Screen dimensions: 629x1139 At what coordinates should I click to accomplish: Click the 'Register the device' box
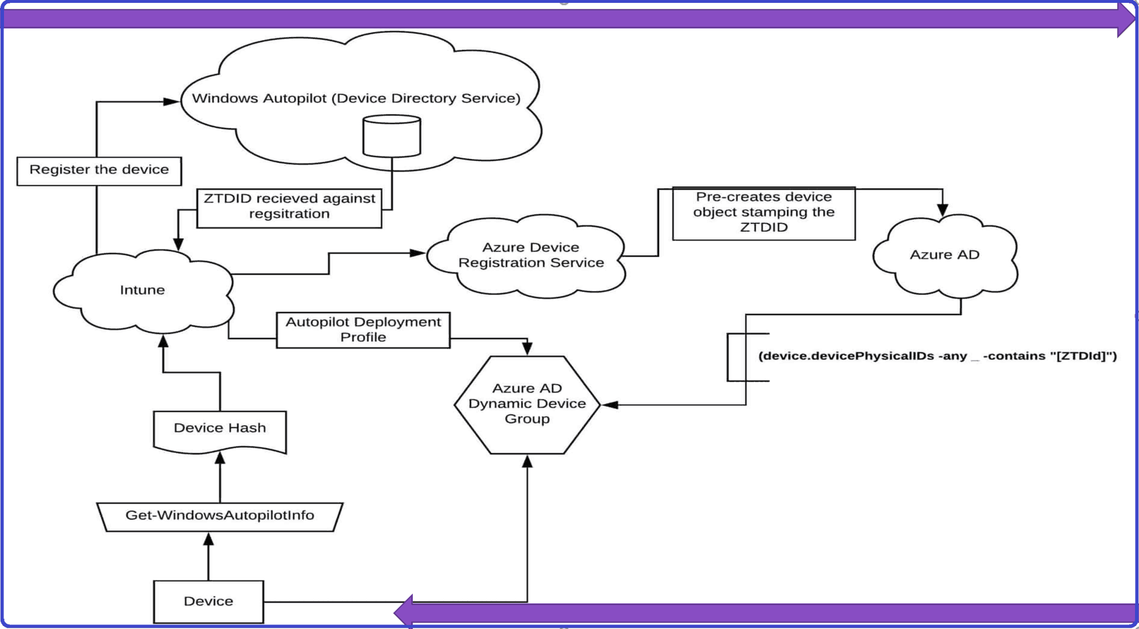99,171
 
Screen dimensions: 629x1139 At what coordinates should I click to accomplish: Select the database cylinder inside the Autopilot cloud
392,136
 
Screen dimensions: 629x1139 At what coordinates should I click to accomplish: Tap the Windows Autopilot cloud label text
356,98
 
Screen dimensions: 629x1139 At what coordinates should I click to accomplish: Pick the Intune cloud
142,290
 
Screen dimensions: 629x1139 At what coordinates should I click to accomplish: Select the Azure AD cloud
944,255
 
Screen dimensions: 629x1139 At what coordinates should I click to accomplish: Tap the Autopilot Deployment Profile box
363,330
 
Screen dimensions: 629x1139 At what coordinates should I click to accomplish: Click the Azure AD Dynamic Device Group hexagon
527,404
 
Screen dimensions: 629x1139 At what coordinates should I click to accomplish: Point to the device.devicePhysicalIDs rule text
937,356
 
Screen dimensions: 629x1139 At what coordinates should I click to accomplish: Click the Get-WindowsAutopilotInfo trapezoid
220,516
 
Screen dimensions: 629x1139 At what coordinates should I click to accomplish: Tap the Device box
208,601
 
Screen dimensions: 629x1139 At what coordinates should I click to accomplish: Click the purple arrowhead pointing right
1125,19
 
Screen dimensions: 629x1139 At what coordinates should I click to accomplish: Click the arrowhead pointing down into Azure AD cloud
943,210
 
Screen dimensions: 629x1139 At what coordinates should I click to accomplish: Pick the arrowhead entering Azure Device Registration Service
418,253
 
